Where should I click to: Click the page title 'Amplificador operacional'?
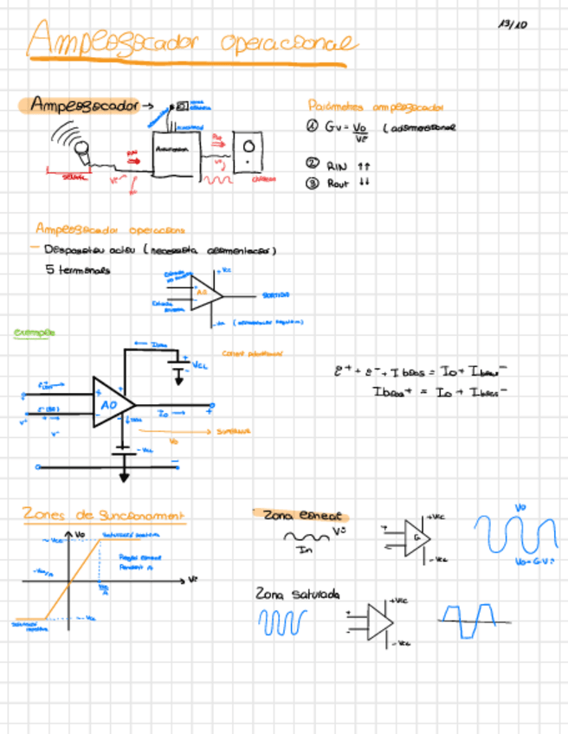[x=190, y=42]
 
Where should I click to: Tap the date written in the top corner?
[x=513, y=24]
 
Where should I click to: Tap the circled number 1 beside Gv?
[x=313, y=126]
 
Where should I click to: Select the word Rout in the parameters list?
[x=338, y=183]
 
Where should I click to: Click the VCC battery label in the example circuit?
[x=199, y=364]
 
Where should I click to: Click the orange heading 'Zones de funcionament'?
[x=104, y=515]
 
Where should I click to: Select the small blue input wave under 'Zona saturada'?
[x=282, y=621]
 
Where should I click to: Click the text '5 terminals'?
[x=78, y=269]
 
